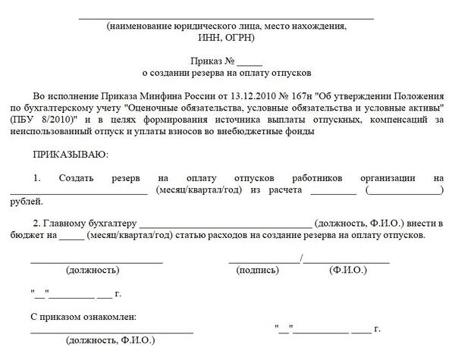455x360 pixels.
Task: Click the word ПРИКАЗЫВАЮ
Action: point(71,155)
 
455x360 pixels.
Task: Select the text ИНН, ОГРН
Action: point(227,37)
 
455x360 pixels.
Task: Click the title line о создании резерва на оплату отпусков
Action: point(227,73)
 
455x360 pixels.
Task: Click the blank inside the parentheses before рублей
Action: point(405,191)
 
